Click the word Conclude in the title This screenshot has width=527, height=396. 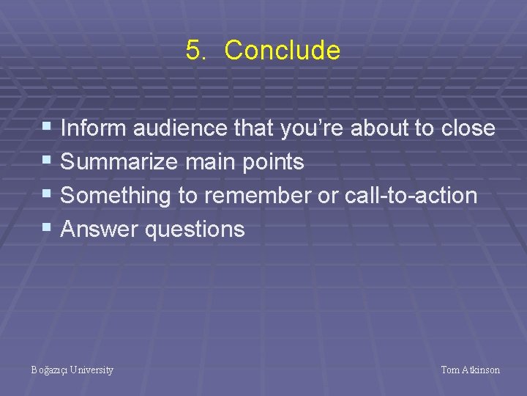click(x=282, y=51)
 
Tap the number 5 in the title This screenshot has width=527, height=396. click(x=193, y=51)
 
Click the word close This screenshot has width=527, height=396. click(x=468, y=128)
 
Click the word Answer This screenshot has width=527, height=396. click(x=100, y=230)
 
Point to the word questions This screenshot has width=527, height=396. click(x=195, y=230)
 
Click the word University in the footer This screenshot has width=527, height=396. click(x=92, y=370)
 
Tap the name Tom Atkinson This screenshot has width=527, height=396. click(x=470, y=370)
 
